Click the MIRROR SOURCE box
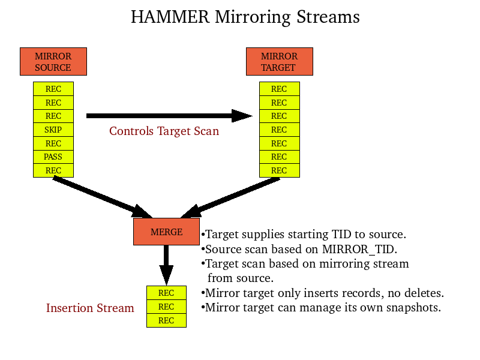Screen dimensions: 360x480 tap(53, 62)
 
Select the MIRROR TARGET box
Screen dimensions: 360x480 tap(279, 62)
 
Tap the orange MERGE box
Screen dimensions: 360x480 tap(166, 232)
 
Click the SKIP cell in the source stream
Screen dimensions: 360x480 tap(53, 130)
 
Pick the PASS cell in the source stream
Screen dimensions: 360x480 tap(53, 157)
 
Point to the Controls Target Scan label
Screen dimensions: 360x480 tap(164, 131)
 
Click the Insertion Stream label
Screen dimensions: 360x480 tap(90, 308)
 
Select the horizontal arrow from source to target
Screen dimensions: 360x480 tap(168, 116)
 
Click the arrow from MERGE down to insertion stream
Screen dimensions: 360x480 tap(166, 264)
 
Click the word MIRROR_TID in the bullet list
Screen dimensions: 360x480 tap(359, 249)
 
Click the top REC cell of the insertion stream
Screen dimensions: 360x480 tap(166, 293)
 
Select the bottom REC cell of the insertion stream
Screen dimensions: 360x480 tap(166, 320)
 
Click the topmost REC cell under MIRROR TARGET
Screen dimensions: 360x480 tap(279, 89)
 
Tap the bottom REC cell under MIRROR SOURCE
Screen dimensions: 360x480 tap(53, 171)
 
